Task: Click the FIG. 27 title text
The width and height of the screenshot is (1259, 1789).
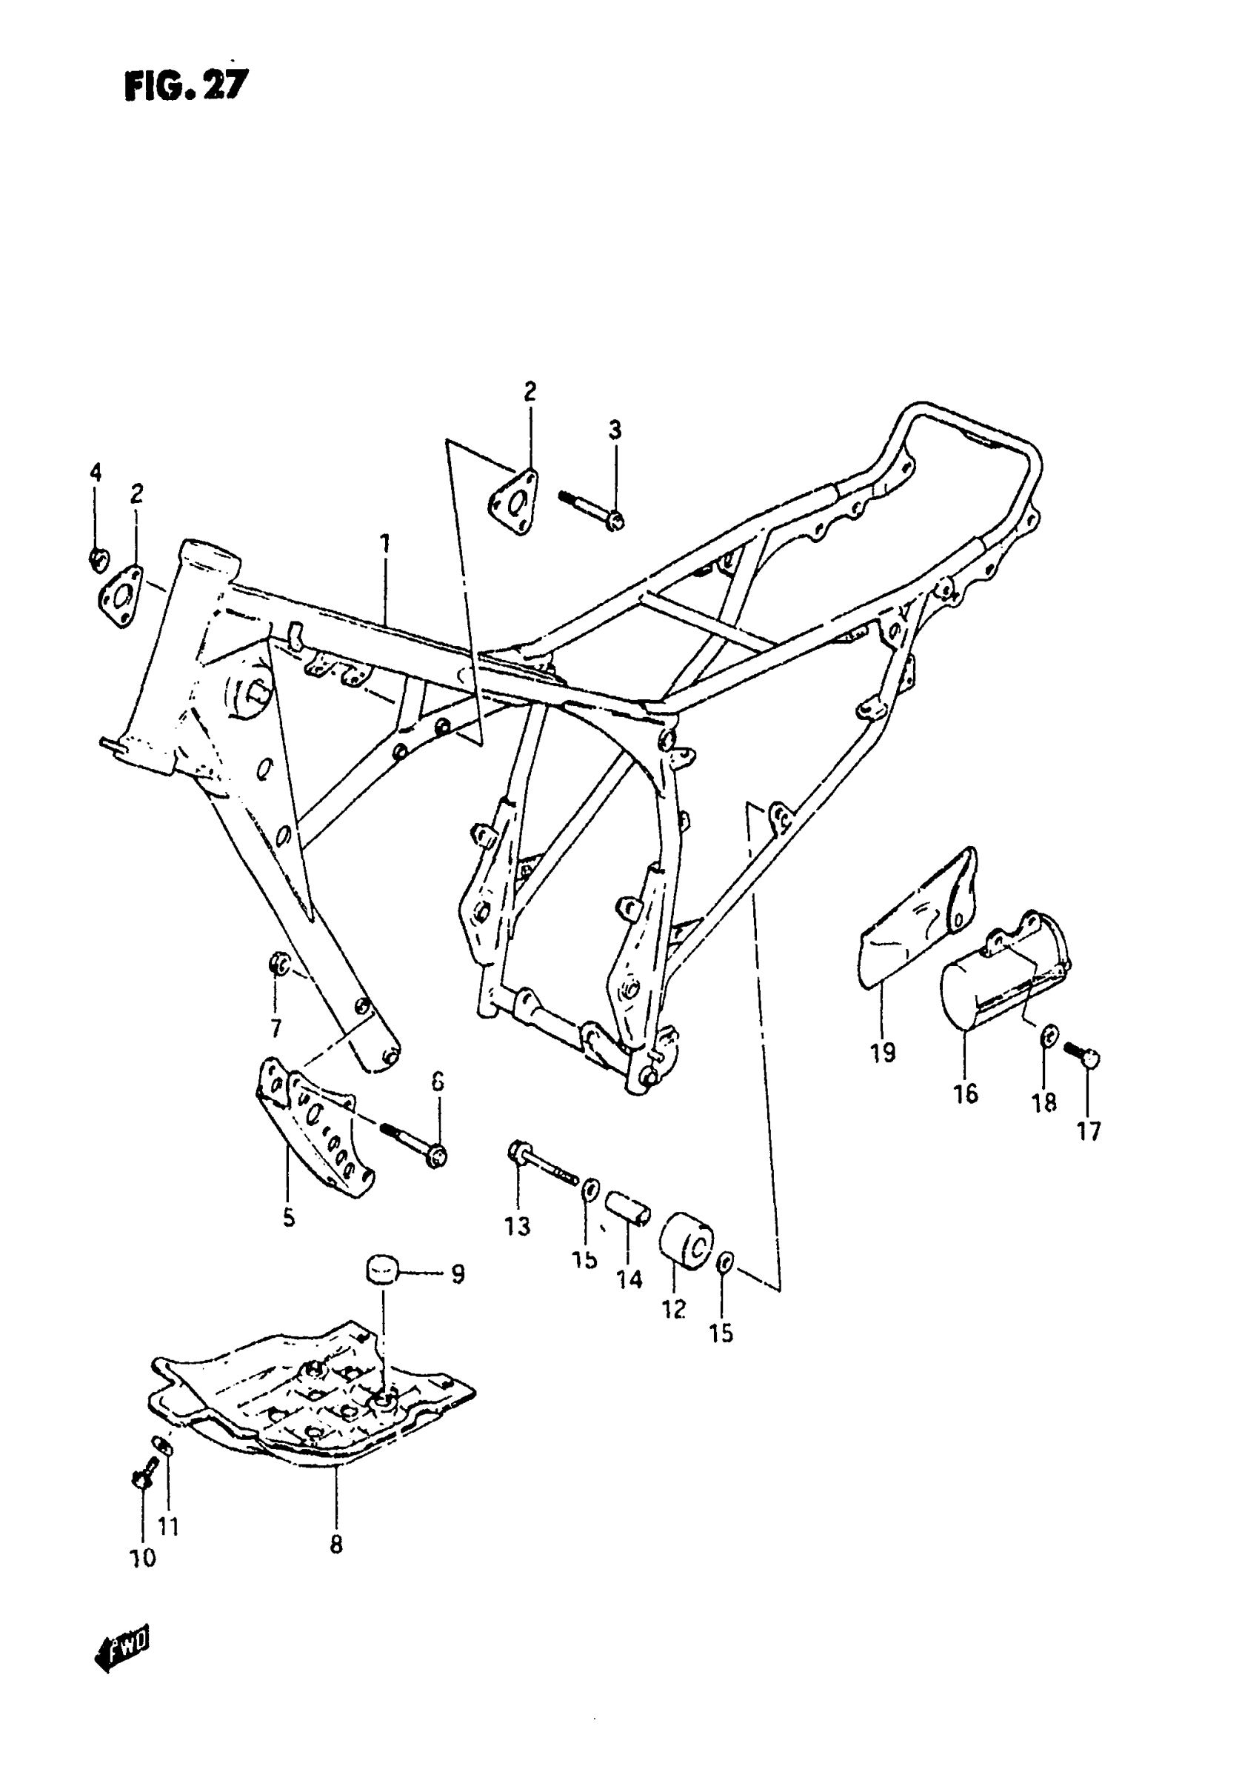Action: pyautogui.click(x=185, y=85)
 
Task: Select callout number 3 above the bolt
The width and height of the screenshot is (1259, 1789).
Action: pyautogui.click(x=615, y=430)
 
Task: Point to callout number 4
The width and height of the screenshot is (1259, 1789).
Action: pyautogui.click(x=95, y=472)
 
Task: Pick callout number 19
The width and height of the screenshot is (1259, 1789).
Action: pyautogui.click(x=884, y=1053)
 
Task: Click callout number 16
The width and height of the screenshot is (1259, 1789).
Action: pyautogui.click(x=965, y=1093)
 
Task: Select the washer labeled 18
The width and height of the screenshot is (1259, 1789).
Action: pyautogui.click(x=1049, y=1036)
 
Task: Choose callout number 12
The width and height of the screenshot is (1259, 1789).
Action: pyautogui.click(x=674, y=1309)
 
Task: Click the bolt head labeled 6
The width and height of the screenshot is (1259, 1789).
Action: pyautogui.click(x=436, y=1156)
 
